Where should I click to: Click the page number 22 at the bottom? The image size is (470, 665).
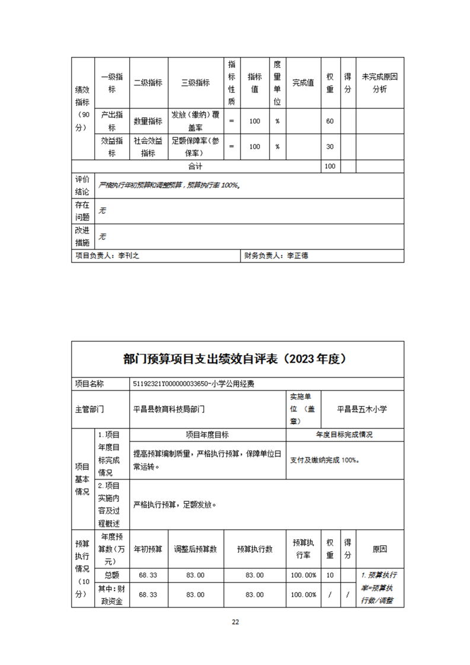[x=235, y=622]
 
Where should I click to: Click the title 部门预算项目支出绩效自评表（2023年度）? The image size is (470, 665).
[x=235, y=359]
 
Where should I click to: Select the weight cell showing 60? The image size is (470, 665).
[x=330, y=121]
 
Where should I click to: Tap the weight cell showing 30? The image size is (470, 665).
[x=330, y=147]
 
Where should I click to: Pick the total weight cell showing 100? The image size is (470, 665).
[x=330, y=167]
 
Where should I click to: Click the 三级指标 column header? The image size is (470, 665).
[x=196, y=83]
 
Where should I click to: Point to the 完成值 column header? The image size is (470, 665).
[x=303, y=83]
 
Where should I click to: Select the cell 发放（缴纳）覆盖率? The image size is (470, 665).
[x=196, y=121]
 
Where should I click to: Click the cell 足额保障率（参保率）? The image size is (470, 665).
[x=196, y=147]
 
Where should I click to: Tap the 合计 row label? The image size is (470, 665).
[x=196, y=167]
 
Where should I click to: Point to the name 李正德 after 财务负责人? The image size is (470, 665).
[x=298, y=256]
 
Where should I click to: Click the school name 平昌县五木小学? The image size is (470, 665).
[x=362, y=408]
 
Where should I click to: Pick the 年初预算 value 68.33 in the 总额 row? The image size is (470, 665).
[x=148, y=575]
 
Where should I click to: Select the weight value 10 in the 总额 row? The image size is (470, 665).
[x=330, y=575]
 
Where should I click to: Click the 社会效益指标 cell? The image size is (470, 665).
[x=148, y=147]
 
